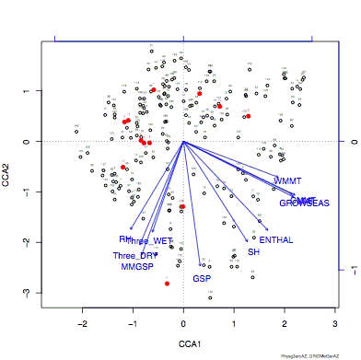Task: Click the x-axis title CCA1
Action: pyautogui.click(x=183, y=343)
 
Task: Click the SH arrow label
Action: pyautogui.click(x=253, y=251)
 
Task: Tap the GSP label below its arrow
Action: pyautogui.click(x=202, y=278)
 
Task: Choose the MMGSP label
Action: pyautogui.click(x=137, y=267)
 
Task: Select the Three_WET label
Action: pyautogui.click(x=150, y=240)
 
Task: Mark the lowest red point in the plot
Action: pyautogui.click(x=167, y=284)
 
